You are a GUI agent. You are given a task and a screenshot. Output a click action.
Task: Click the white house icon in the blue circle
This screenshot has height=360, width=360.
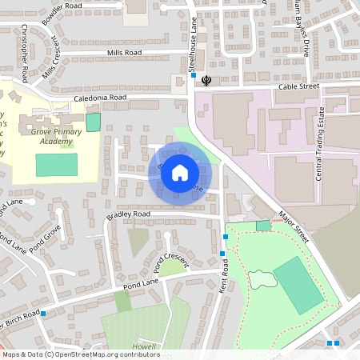pyautogui.click(x=180, y=172)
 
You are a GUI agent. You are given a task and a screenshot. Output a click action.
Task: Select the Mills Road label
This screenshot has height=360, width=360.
pyautogui.click(x=124, y=53)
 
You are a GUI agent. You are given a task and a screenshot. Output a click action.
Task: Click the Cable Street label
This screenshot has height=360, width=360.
pyautogui.click(x=298, y=86)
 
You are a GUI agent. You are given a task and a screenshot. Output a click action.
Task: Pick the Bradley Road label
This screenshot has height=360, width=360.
pyautogui.click(x=128, y=215)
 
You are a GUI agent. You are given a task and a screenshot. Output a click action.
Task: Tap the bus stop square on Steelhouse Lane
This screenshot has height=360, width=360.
pyautogui.click(x=193, y=75)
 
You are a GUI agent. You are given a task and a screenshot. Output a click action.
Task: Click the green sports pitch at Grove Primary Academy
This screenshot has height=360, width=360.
pyautogui.click(x=57, y=165)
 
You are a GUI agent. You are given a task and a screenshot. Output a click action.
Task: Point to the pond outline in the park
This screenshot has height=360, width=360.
pyautogui.click(x=258, y=280)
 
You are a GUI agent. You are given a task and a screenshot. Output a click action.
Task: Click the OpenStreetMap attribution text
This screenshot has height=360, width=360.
pyautogui.click(x=80, y=354)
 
